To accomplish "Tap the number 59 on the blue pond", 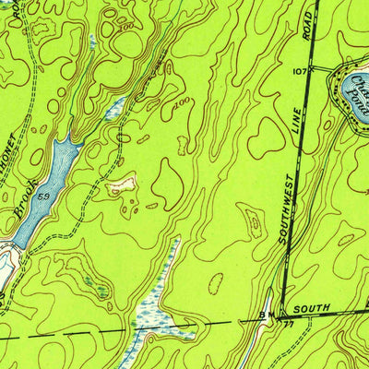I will [x=43, y=196].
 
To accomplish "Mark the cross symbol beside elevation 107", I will [x=311, y=69].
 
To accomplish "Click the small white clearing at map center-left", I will [x=123, y=185].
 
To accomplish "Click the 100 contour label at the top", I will [x=125, y=25].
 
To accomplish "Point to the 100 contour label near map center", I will [x=181, y=103].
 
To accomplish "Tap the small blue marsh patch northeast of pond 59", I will [x=114, y=110].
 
